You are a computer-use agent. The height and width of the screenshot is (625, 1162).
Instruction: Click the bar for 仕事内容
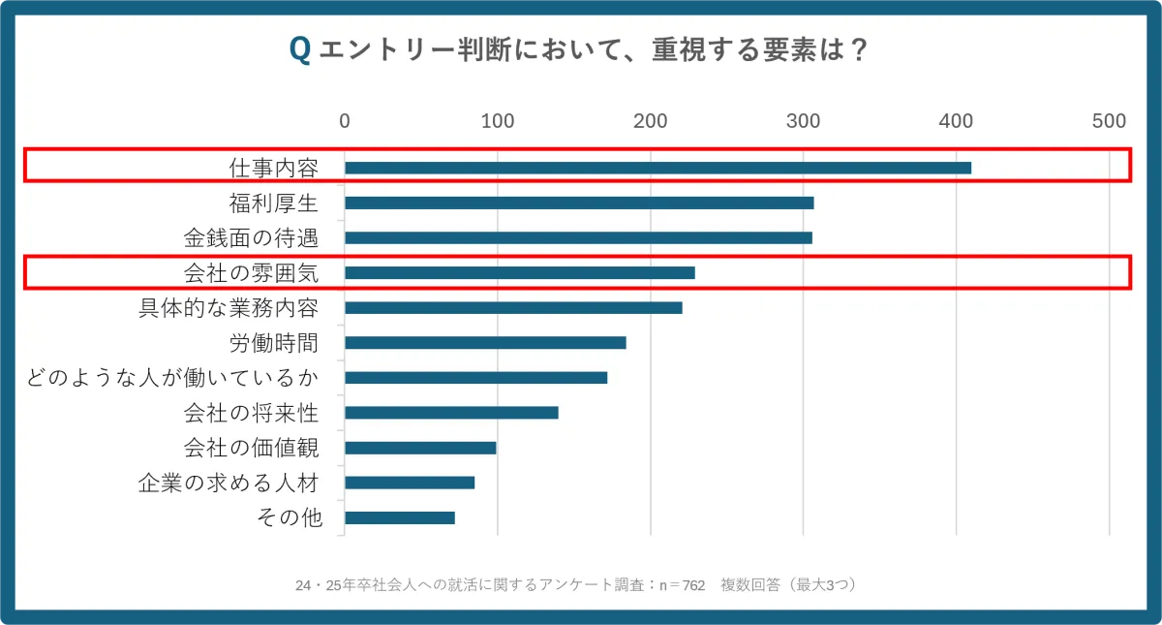coord(657,168)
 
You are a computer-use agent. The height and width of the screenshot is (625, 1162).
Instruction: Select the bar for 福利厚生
coord(579,203)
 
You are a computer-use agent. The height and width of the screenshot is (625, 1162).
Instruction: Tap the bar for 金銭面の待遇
coord(578,237)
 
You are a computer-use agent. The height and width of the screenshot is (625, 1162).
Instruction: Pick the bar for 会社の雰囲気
coord(519,272)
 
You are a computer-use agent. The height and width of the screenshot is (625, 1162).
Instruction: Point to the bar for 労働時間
coord(485,342)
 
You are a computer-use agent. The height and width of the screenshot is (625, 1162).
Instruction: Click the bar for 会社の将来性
coord(451,412)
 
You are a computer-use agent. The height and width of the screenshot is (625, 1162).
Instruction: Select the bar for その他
coord(400,517)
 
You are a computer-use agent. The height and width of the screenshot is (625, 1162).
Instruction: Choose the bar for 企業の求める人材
coord(410,483)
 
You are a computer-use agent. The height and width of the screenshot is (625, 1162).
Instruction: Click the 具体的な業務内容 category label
coord(229,308)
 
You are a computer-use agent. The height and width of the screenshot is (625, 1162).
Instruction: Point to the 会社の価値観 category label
coord(251,448)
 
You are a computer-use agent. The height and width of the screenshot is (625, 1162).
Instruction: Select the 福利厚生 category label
coord(273,203)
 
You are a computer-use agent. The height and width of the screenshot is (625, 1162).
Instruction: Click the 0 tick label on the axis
coord(345,121)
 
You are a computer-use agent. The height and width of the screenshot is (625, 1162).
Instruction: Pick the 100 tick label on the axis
coord(498,121)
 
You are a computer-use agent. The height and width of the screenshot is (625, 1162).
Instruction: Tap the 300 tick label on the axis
coord(804,121)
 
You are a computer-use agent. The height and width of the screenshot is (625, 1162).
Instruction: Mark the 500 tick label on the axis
coord(1109,121)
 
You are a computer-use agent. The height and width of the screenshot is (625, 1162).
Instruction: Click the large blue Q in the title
coord(300,50)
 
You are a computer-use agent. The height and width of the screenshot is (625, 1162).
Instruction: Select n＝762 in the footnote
coord(682,585)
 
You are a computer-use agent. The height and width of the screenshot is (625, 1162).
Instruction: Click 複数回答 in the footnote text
coord(751,585)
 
